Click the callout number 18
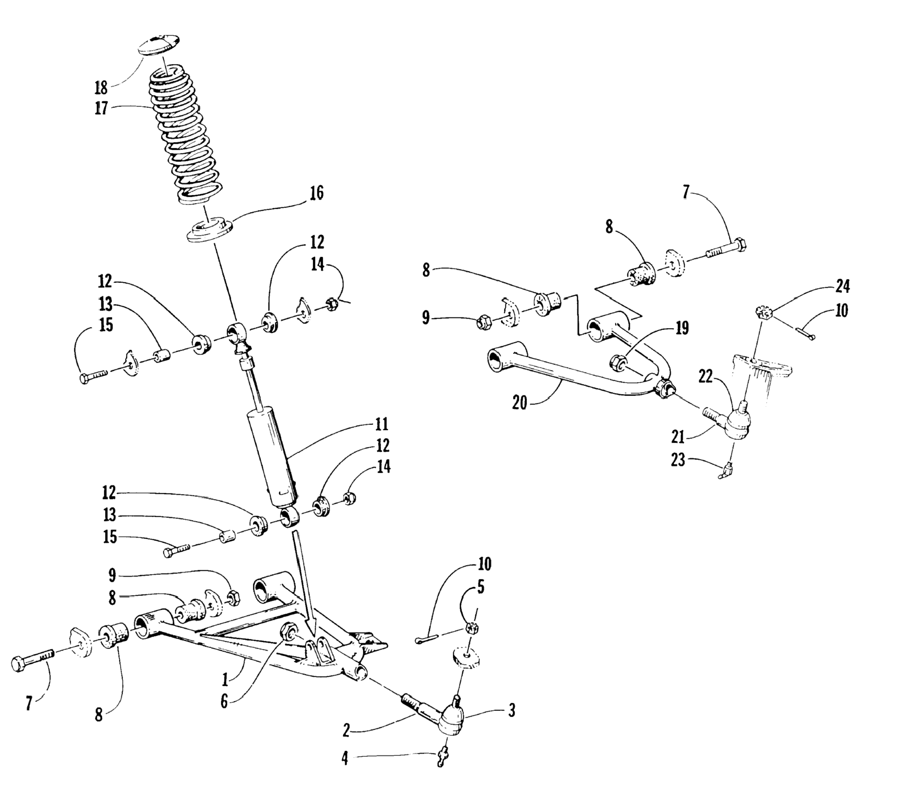point(101,88)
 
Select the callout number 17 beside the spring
point(101,108)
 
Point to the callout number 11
point(381,424)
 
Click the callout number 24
point(842,287)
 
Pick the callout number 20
point(519,403)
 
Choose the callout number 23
point(678,460)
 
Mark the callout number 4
point(345,759)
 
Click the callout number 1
point(226,679)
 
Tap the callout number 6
point(224,702)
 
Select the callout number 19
point(682,328)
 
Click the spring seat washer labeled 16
point(210,229)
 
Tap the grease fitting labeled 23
point(728,470)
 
